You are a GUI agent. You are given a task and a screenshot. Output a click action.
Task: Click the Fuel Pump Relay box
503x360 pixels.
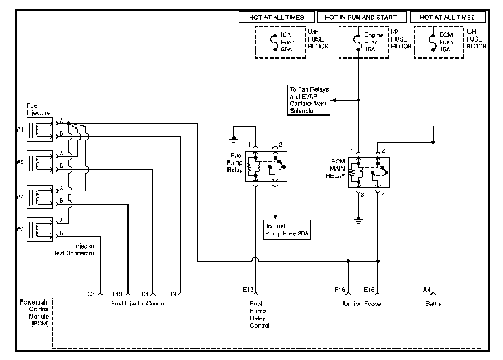pyautogui.click(x=266, y=166)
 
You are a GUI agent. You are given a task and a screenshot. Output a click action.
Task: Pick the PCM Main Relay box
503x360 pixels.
pyautogui.click(x=369, y=173)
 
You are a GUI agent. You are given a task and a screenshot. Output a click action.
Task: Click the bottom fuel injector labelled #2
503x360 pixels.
pyautogui.click(x=40, y=229)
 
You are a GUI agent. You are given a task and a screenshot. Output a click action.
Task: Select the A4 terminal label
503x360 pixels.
pyautogui.click(x=427, y=290)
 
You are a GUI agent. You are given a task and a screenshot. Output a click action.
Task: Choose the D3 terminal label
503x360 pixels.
pyautogui.click(x=172, y=294)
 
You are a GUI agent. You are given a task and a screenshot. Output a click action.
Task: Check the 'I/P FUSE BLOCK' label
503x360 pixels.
pyautogui.click(x=401, y=40)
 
